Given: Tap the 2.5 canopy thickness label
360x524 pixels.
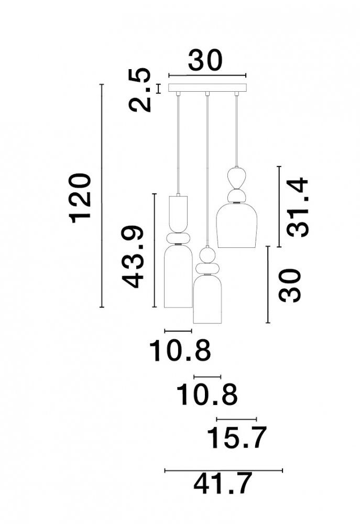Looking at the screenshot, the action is (x=139, y=90).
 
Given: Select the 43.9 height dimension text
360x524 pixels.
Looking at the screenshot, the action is (x=133, y=257).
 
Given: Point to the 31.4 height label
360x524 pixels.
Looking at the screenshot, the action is (x=298, y=207).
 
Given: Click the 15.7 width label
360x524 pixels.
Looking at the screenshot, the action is (x=237, y=437).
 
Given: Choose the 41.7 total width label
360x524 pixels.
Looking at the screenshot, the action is (x=223, y=483).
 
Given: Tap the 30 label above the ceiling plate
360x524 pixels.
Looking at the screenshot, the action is (x=205, y=60).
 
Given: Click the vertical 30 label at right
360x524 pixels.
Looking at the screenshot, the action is (x=290, y=285).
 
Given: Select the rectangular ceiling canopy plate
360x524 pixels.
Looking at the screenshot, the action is (x=207, y=88).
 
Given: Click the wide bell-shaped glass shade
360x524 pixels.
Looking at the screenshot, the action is (x=237, y=225).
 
